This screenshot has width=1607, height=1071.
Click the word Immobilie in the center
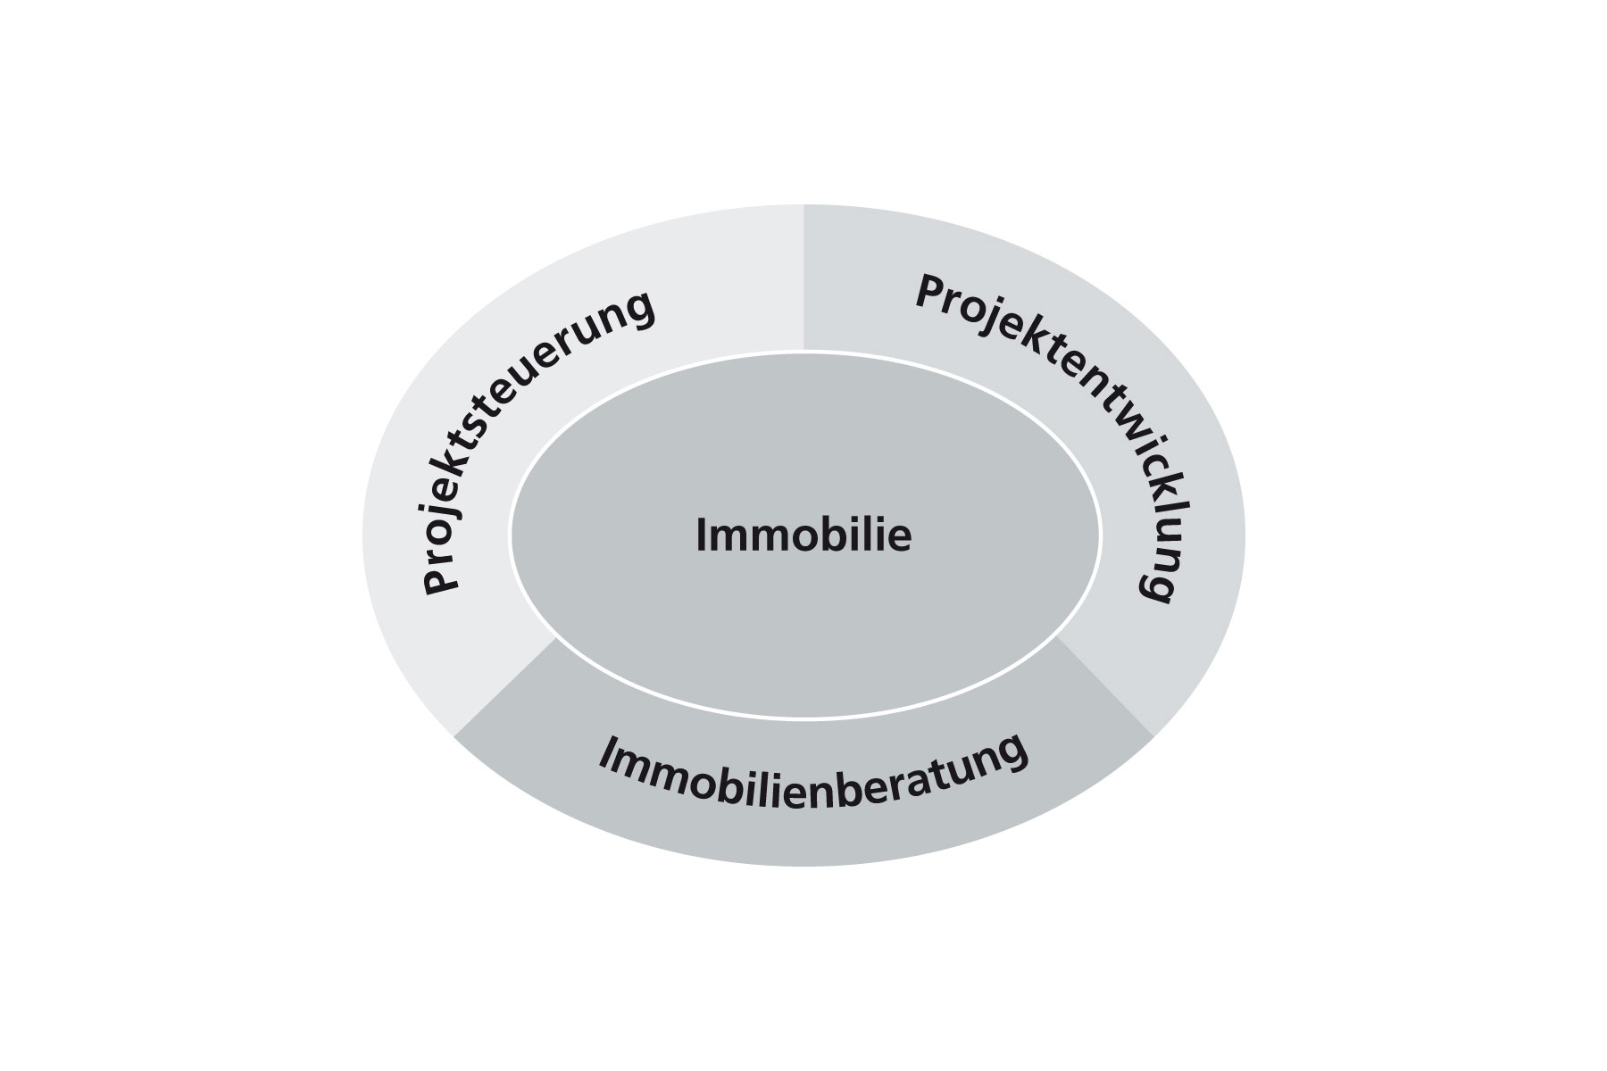tap(803, 536)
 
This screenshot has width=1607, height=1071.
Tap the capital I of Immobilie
tap(701, 536)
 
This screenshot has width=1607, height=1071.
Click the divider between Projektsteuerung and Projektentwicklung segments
tap(803, 278)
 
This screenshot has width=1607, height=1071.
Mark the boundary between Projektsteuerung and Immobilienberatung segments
tap(505, 687)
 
